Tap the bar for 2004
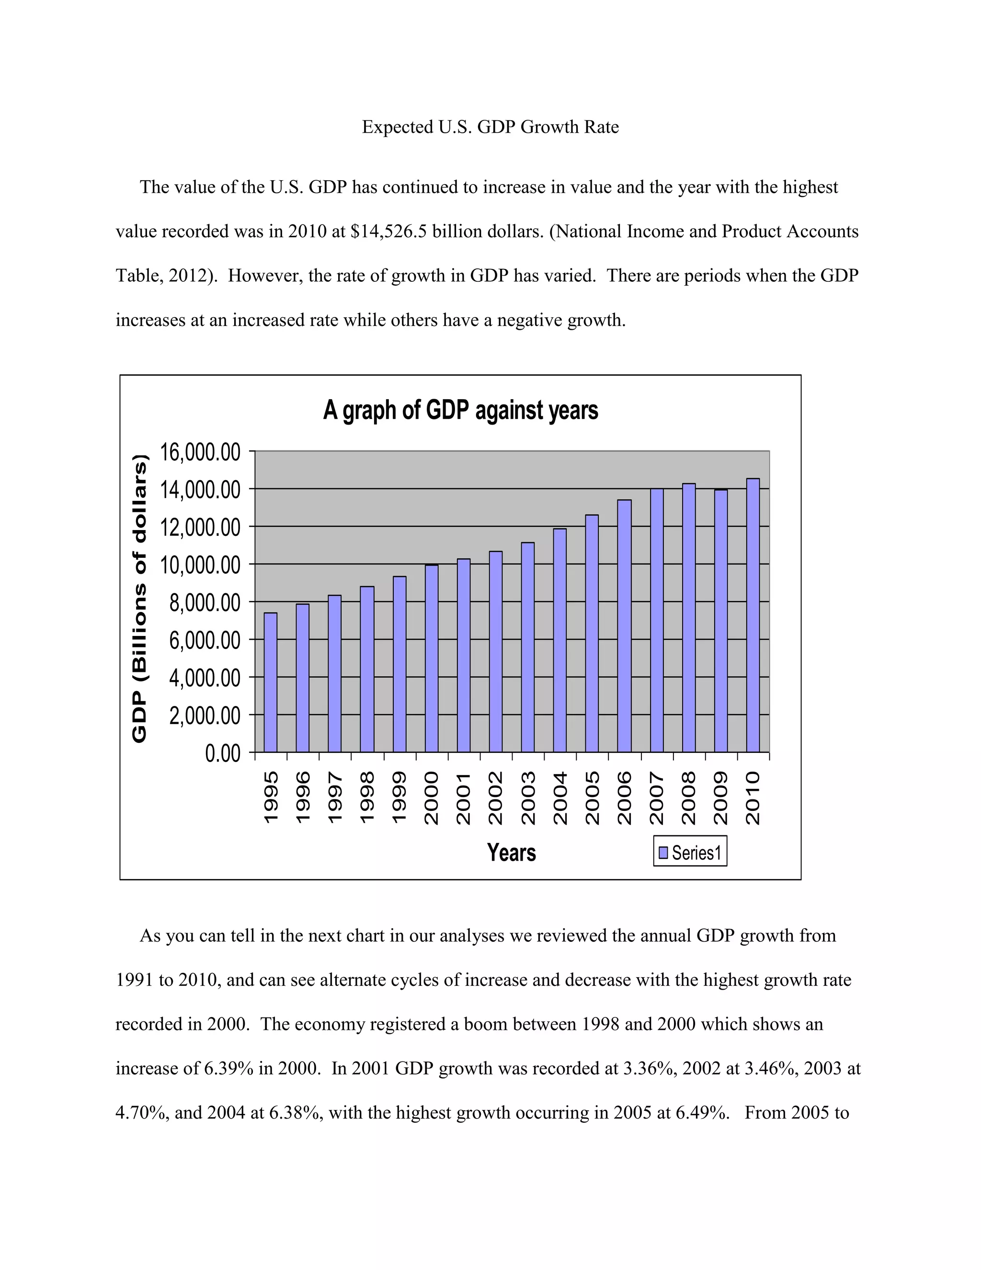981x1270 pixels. tap(559, 640)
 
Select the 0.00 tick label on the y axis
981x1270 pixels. tap(223, 754)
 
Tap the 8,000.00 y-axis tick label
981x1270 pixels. tap(205, 603)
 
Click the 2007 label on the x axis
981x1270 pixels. tap(656, 798)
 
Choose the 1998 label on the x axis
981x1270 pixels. tap(367, 798)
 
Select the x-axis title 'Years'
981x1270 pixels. tap(512, 853)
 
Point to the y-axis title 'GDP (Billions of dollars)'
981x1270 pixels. tap(140, 599)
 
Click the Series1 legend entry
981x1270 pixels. tap(690, 853)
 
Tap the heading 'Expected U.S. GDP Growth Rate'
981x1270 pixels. tap(490, 127)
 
